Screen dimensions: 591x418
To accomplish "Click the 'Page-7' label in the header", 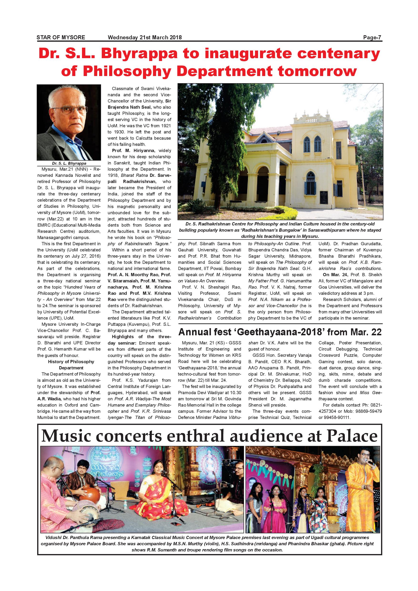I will pyautogui.click(x=372, y=38).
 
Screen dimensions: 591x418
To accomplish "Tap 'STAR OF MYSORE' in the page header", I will pyautogui.click(x=61, y=38).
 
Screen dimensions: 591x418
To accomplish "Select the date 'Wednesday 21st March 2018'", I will pyautogui.click(x=145, y=38).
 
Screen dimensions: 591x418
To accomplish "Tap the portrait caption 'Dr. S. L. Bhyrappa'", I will pyautogui.click(x=69, y=163).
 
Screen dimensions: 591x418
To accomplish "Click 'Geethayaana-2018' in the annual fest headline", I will pyautogui.click(x=279, y=332).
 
